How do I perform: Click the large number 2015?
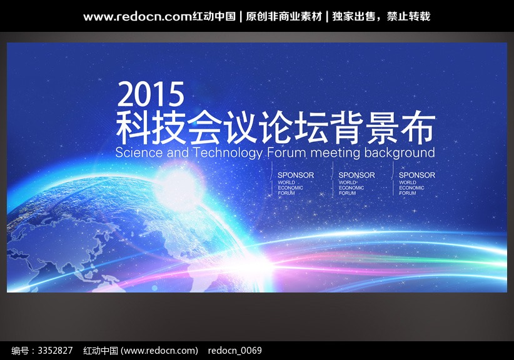pyautogui.click(x=151, y=94)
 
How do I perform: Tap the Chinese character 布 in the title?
pyautogui.click(x=418, y=128)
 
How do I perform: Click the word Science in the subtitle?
pyautogui.click(x=139, y=152)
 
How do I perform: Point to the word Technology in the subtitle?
pyautogui.click(x=228, y=153)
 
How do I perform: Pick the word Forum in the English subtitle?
pyautogui.click(x=286, y=152)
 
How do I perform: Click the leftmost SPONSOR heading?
pyautogui.click(x=296, y=175)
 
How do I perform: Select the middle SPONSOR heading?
pyautogui.click(x=356, y=175)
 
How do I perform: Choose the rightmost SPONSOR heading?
pyautogui.click(x=417, y=175)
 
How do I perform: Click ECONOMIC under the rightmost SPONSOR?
pyautogui.click(x=411, y=187)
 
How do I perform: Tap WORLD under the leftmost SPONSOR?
pyautogui.click(x=286, y=182)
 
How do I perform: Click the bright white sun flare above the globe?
pyautogui.click(x=179, y=187)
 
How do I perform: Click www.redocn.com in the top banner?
pyautogui.click(x=138, y=17)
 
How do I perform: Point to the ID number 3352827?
pyautogui.click(x=55, y=351)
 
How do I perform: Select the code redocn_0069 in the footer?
pyautogui.click(x=234, y=351)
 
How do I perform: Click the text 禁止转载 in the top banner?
pyautogui.click(x=408, y=16)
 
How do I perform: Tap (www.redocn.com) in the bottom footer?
pyautogui.click(x=159, y=351)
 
